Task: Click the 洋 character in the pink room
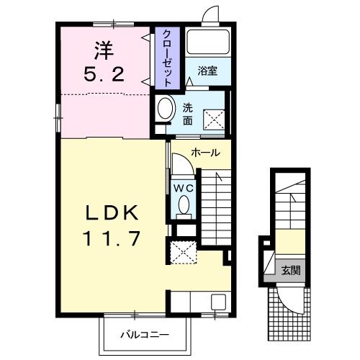[104, 51]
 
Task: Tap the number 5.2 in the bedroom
[104, 74]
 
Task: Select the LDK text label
[112, 212]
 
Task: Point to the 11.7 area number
[112, 238]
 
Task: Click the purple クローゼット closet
[167, 58]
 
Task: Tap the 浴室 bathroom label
[207, 71]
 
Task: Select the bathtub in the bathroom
[208, 42]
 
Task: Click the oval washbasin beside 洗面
[166, 108]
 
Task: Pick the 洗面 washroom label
[187, 114]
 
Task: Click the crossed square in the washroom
[214, 120]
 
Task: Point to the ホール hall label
[205, 153]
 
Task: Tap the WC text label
[184, 189]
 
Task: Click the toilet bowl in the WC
[184, 204]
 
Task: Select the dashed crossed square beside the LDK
[184, 253]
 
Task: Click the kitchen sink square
[218, 302]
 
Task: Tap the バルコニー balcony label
[145, 335]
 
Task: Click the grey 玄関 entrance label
[291, 271]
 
